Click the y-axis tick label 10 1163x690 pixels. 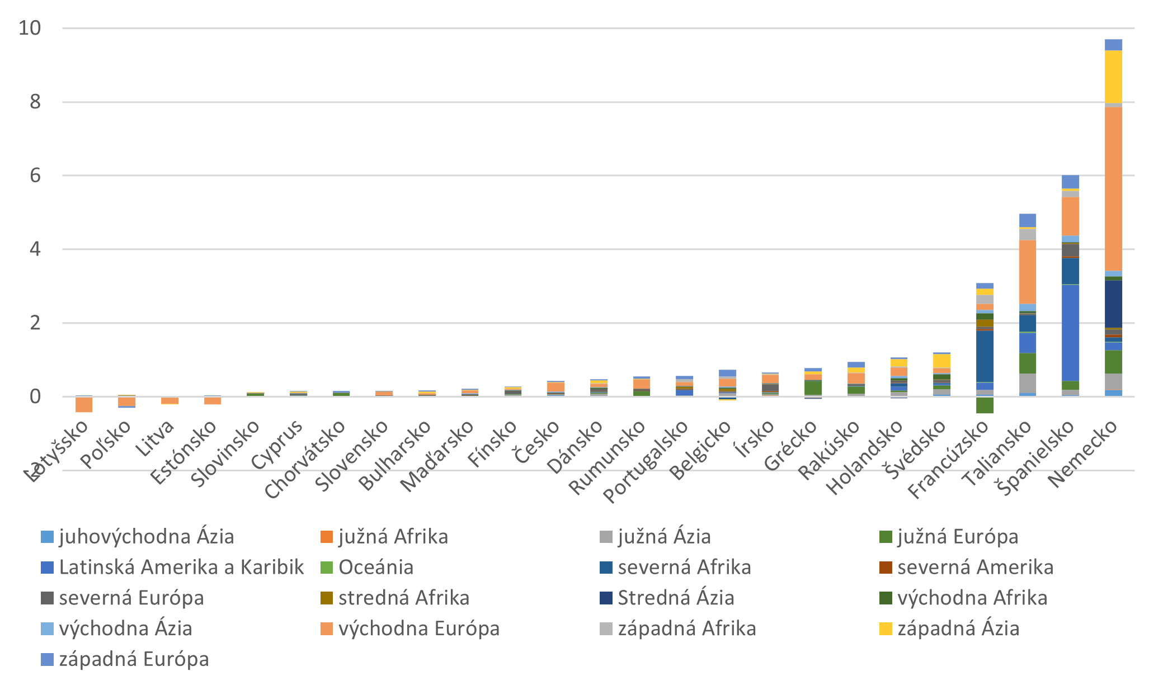coord(30,28)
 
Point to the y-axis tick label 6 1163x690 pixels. coord(35,176)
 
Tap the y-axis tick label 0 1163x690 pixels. coord(35,396)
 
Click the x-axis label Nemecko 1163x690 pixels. coord(1083,453)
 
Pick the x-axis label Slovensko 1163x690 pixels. coord(352,456)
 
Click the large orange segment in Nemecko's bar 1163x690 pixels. coord(1113,188)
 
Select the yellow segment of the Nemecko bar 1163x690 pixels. coord(1113,77)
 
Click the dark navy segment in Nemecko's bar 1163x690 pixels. coord(1113,304)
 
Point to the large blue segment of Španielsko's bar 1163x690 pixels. coord(1070,332)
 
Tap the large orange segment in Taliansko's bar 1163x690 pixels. coord(1028,272)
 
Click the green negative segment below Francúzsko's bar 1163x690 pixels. coord(985,405)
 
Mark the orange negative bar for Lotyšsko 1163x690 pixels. coord(84,404)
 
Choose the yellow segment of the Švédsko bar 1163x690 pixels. coord(941,361)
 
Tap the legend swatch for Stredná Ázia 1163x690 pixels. coord(606,598)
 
